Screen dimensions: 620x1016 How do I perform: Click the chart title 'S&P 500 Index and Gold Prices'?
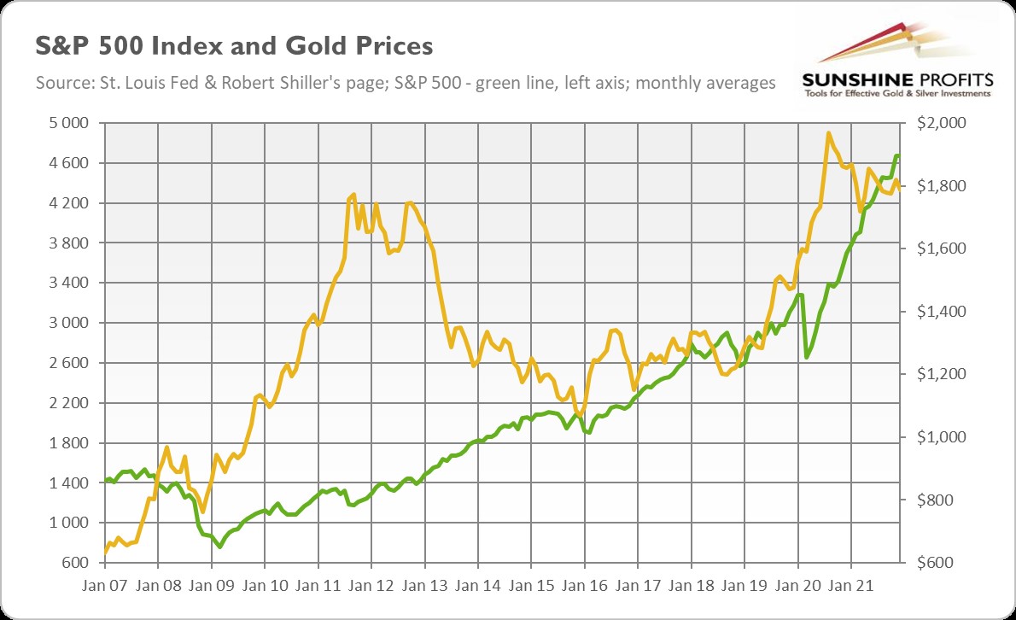click(233, 45)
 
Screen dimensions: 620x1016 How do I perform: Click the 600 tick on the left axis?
click(74, 563)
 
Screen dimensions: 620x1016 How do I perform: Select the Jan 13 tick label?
click(424, 589)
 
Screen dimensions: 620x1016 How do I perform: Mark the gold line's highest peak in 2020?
click(828, 133)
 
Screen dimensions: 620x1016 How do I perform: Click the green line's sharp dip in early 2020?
click(807, 356)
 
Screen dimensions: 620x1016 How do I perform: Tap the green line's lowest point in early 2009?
click(219, 547)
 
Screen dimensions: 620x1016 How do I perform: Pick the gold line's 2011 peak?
click(353, 196)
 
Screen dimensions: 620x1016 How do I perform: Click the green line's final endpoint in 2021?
click(898, 155)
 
